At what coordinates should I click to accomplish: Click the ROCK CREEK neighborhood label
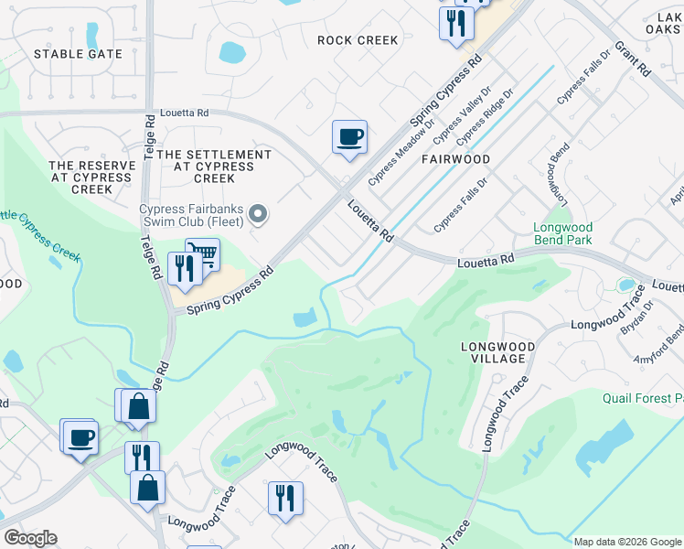pyautogui.click(x=358, y=40)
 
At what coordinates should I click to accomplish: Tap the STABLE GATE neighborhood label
pyautogui.click(x=78, y=54)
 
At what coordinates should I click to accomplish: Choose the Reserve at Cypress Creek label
pyautogui.click(x=92, y=178)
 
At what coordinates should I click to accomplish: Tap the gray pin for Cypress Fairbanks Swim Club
pyautogui.click(x=258, y=216)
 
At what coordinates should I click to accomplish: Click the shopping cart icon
pyautogui.click(x=202, y=253)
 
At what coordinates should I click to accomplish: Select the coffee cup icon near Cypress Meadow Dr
pyautogui.click(x=349, y=138)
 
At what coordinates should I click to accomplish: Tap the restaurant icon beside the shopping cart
pyautogui.click(x=185, y=267)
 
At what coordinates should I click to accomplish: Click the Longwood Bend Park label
pyautogui.click(x=563, y=233)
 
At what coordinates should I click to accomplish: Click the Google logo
pyautogui.click(x=30, y=538)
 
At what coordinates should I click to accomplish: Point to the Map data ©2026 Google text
pyautogui.click(x=627, y=542)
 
